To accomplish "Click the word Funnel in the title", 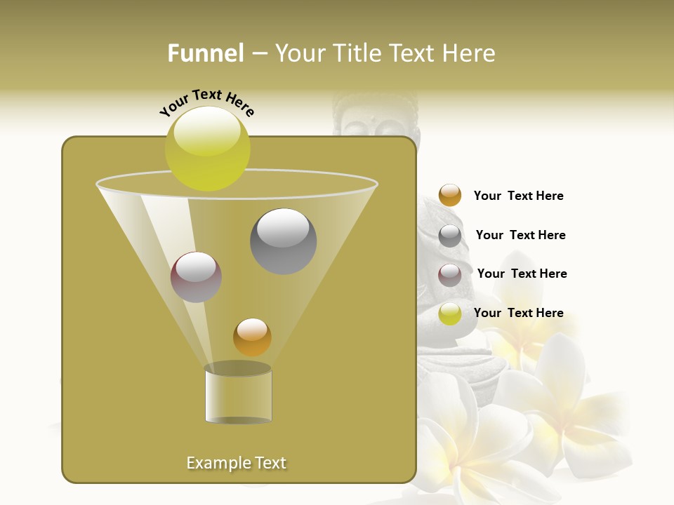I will pyautogui.click(x=205, y=53).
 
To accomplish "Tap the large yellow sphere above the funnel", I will pyautogui.click(x=208, y=148).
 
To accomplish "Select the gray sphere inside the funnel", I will pyautogui.click(x=284, y=241).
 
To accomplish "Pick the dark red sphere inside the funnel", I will pyautogui.click(x=197, y=277).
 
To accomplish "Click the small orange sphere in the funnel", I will pyautogui.click(x=252, y=337).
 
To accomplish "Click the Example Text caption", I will pyautogui.click(x=237, y=463).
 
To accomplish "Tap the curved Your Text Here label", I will pyautogui.click(x=207, y=102).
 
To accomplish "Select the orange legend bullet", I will pyautogui.click(x=450, y=196).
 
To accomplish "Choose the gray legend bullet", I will pyautogui.click(x=450, y=236).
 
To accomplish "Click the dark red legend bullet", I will pyautogui.click(x=450, y=275).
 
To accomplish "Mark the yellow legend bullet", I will pyautogui.click(x=450, y=314).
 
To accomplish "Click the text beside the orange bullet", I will pyautogui.click(x=518, y=196).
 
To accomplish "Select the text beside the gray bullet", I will pyautogui.click(x=520, y=235).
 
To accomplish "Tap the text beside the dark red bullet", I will pyautogui.click(x=522, y=274).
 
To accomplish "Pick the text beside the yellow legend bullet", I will pyautogui.click(x=518, y=313).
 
